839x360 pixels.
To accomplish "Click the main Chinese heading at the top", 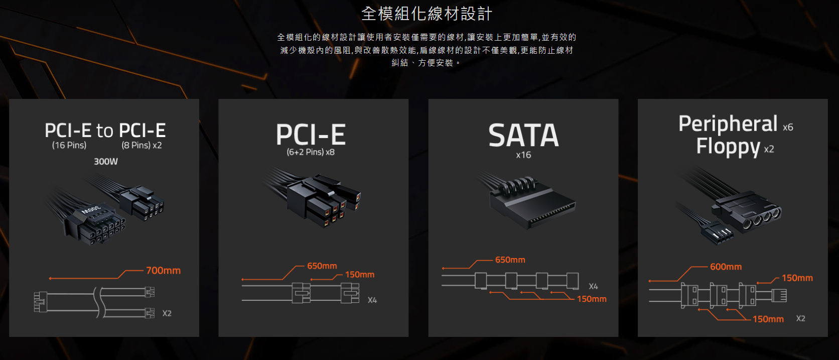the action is pos(427,14).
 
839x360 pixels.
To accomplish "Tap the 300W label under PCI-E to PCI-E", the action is pos(105,162).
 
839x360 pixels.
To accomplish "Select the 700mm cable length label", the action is pos(163,271).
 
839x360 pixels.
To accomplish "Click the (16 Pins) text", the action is pos(69,145).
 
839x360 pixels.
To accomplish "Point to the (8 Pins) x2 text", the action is pos(142,145).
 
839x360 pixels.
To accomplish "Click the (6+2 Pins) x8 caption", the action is pos(311,152).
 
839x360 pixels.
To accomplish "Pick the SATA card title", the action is pos(523,135).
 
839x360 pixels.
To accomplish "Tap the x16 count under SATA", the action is pos(523,155).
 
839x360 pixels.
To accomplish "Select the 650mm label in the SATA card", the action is pos(510,260).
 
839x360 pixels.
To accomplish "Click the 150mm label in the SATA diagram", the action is pos(592,299).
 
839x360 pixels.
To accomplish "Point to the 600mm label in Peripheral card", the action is pos(726,267).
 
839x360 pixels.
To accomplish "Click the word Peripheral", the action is pos(728,124).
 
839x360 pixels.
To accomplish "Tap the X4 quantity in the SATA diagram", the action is pos(593,287).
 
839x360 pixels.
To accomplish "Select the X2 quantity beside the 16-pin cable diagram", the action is pos(167,313).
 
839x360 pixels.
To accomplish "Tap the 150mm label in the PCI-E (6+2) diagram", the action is pos(360,275).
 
